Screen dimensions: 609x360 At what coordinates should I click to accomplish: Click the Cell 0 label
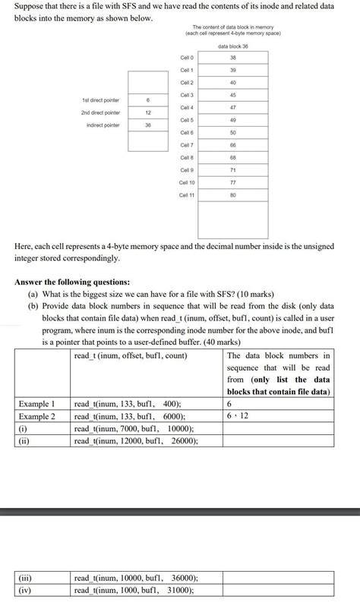[187, 58]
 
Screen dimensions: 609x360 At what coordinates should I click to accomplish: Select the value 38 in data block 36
[232, 58]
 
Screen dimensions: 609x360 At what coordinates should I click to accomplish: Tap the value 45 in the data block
[232, 95]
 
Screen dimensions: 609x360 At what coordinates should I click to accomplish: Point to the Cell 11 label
[187, 195]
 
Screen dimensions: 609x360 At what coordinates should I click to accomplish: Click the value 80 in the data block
[232, 195]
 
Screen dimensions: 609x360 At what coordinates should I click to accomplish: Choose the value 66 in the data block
[232, 145]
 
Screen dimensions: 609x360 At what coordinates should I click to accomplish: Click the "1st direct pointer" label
[100, 100]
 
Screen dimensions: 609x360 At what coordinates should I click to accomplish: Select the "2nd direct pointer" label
[100, 112]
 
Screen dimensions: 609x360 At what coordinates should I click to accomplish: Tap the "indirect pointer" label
[103, 125]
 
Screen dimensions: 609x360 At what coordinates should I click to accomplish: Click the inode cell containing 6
[147, 100]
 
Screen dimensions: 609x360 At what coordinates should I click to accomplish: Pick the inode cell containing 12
[147, 112]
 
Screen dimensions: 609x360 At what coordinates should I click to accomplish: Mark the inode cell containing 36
[147, 125]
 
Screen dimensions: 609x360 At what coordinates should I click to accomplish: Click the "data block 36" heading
[232, 46]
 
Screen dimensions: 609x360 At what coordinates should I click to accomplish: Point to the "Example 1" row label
[37, 404]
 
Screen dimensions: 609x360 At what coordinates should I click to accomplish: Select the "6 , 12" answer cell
[278, 416]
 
